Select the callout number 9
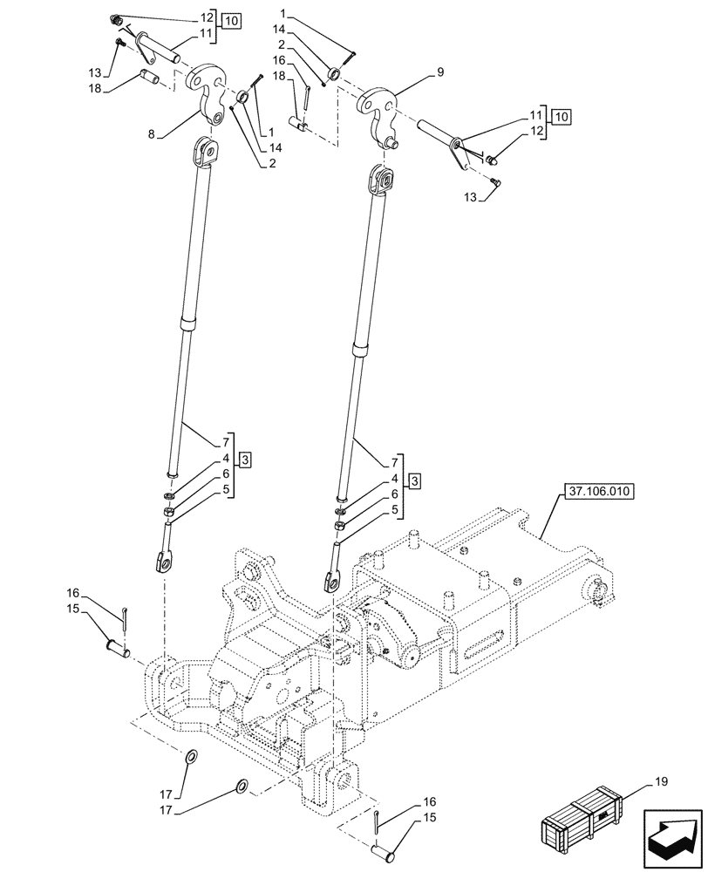pyautogui.click(x=440, y=73)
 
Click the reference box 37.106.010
pyautogui.click(x=595, y=493)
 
